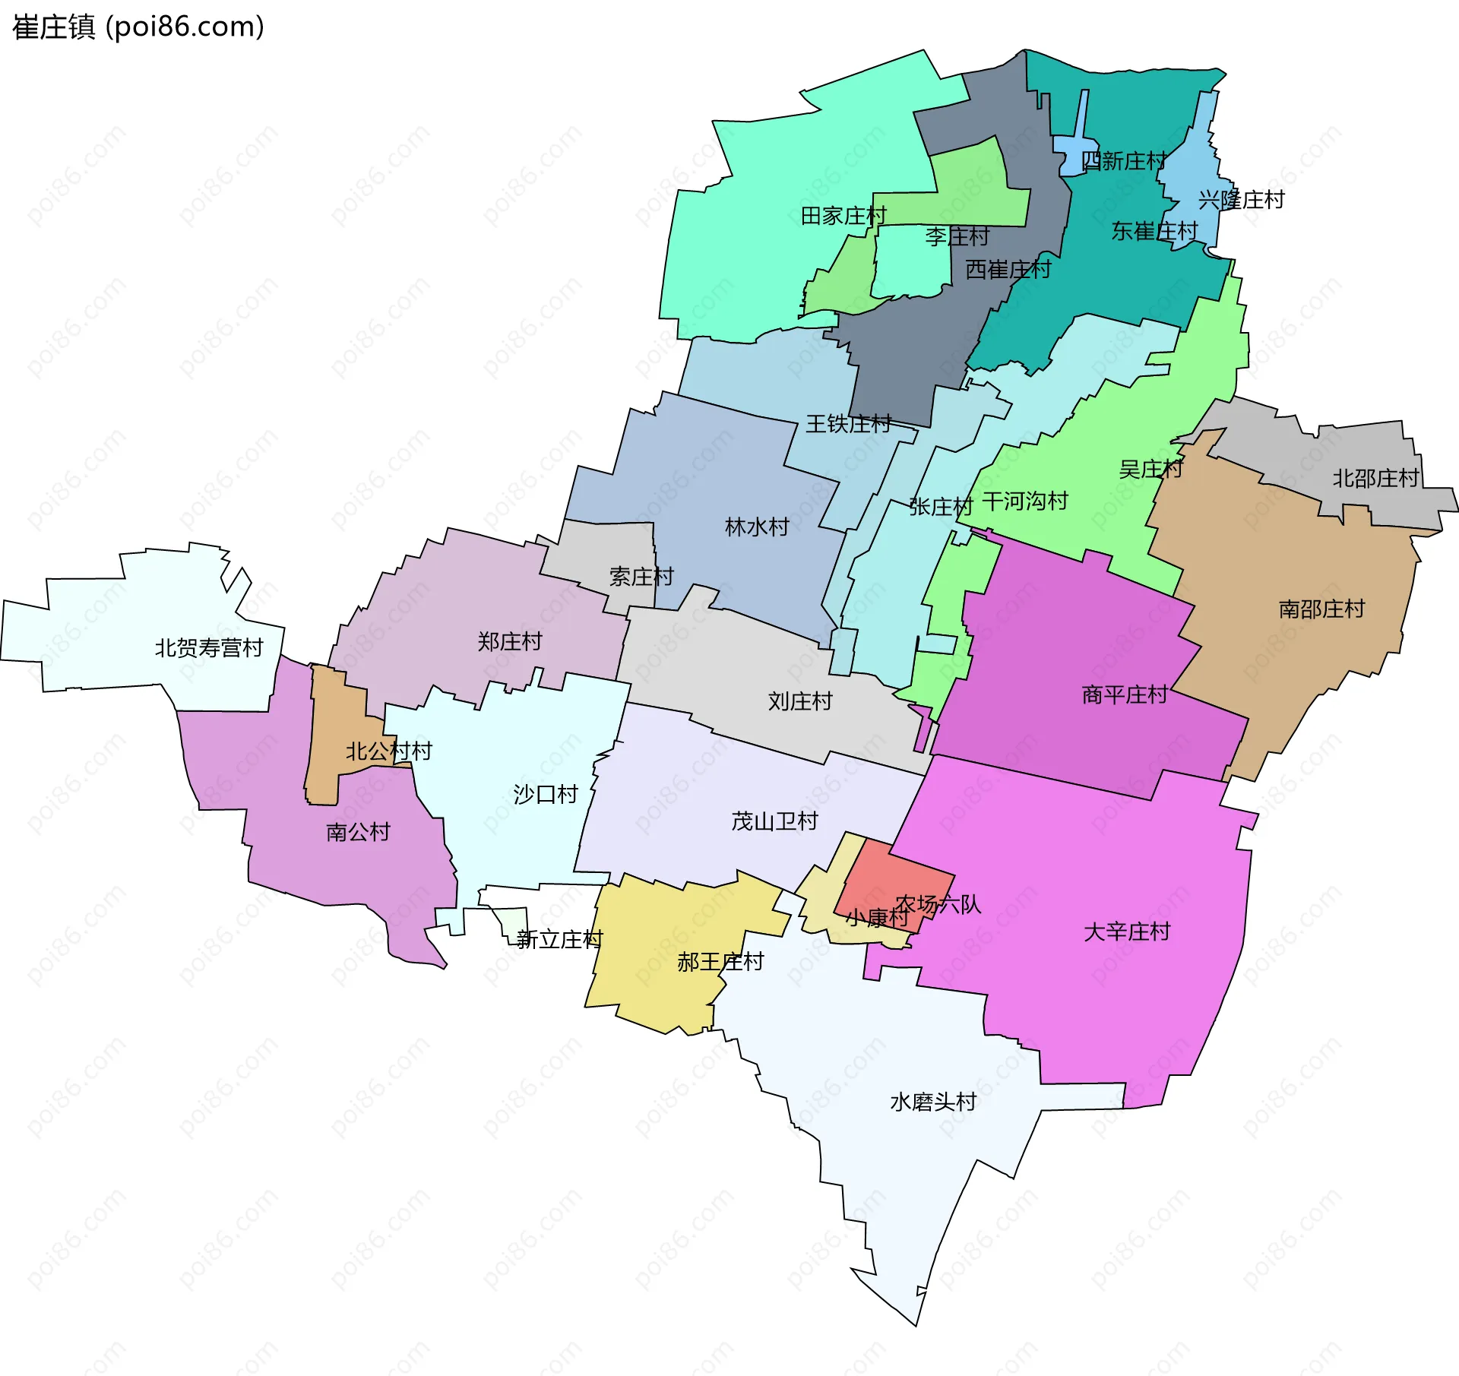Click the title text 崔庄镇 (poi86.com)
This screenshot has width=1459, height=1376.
tap(138, 27)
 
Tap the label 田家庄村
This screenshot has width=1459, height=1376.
tap(843, 216)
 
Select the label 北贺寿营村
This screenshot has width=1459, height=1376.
tap(209, 648)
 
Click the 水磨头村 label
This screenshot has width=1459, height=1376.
tap(933, 1102)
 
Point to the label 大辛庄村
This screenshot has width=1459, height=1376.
tap(1127, 932)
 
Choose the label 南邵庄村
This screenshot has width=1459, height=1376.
tap(1321, 609)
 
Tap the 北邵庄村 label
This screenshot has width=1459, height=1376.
tap(1375, 478)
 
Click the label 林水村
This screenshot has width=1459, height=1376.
tap(757, 527)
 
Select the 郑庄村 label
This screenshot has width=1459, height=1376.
tap(510, 641)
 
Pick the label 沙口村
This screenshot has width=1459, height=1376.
tap(546, 794)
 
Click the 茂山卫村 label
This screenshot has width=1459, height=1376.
tap(774, 821)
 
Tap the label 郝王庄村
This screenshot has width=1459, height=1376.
tap(720, 962)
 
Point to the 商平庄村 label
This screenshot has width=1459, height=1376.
tap(1125, 694)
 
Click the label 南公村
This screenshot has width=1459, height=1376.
tap(358, 832)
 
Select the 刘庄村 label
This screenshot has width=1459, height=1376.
tap(800, 701)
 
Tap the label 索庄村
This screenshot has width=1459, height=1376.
tap(641, 577)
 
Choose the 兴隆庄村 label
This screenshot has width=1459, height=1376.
tap(1241, 200)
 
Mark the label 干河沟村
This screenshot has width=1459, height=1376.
tap(1025, 501)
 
